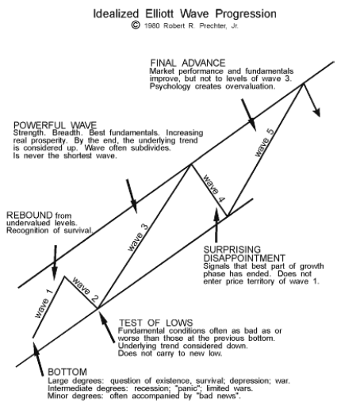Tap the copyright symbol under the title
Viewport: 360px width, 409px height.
[136, 25]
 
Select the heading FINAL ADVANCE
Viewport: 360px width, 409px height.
[188, 63]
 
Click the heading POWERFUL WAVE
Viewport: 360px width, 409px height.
[55, 125]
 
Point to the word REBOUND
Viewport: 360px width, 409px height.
[29, 215]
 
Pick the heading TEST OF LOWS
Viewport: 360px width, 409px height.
[155, 323]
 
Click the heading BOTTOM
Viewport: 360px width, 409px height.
[67, 372]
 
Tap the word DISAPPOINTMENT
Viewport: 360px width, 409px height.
[244, 258]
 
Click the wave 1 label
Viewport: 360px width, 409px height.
[44, 304]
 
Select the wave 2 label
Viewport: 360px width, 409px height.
[85, 290]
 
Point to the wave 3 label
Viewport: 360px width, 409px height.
[138, 238]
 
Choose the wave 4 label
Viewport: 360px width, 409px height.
[214, 189]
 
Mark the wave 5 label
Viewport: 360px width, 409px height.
[264, 143]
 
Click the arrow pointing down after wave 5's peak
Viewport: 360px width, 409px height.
[312, 100]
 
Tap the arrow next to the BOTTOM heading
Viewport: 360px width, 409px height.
[38, 358]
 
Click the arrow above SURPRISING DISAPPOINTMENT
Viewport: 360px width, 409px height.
[216, 225]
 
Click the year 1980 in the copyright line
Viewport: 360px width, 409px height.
[152, 26]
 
